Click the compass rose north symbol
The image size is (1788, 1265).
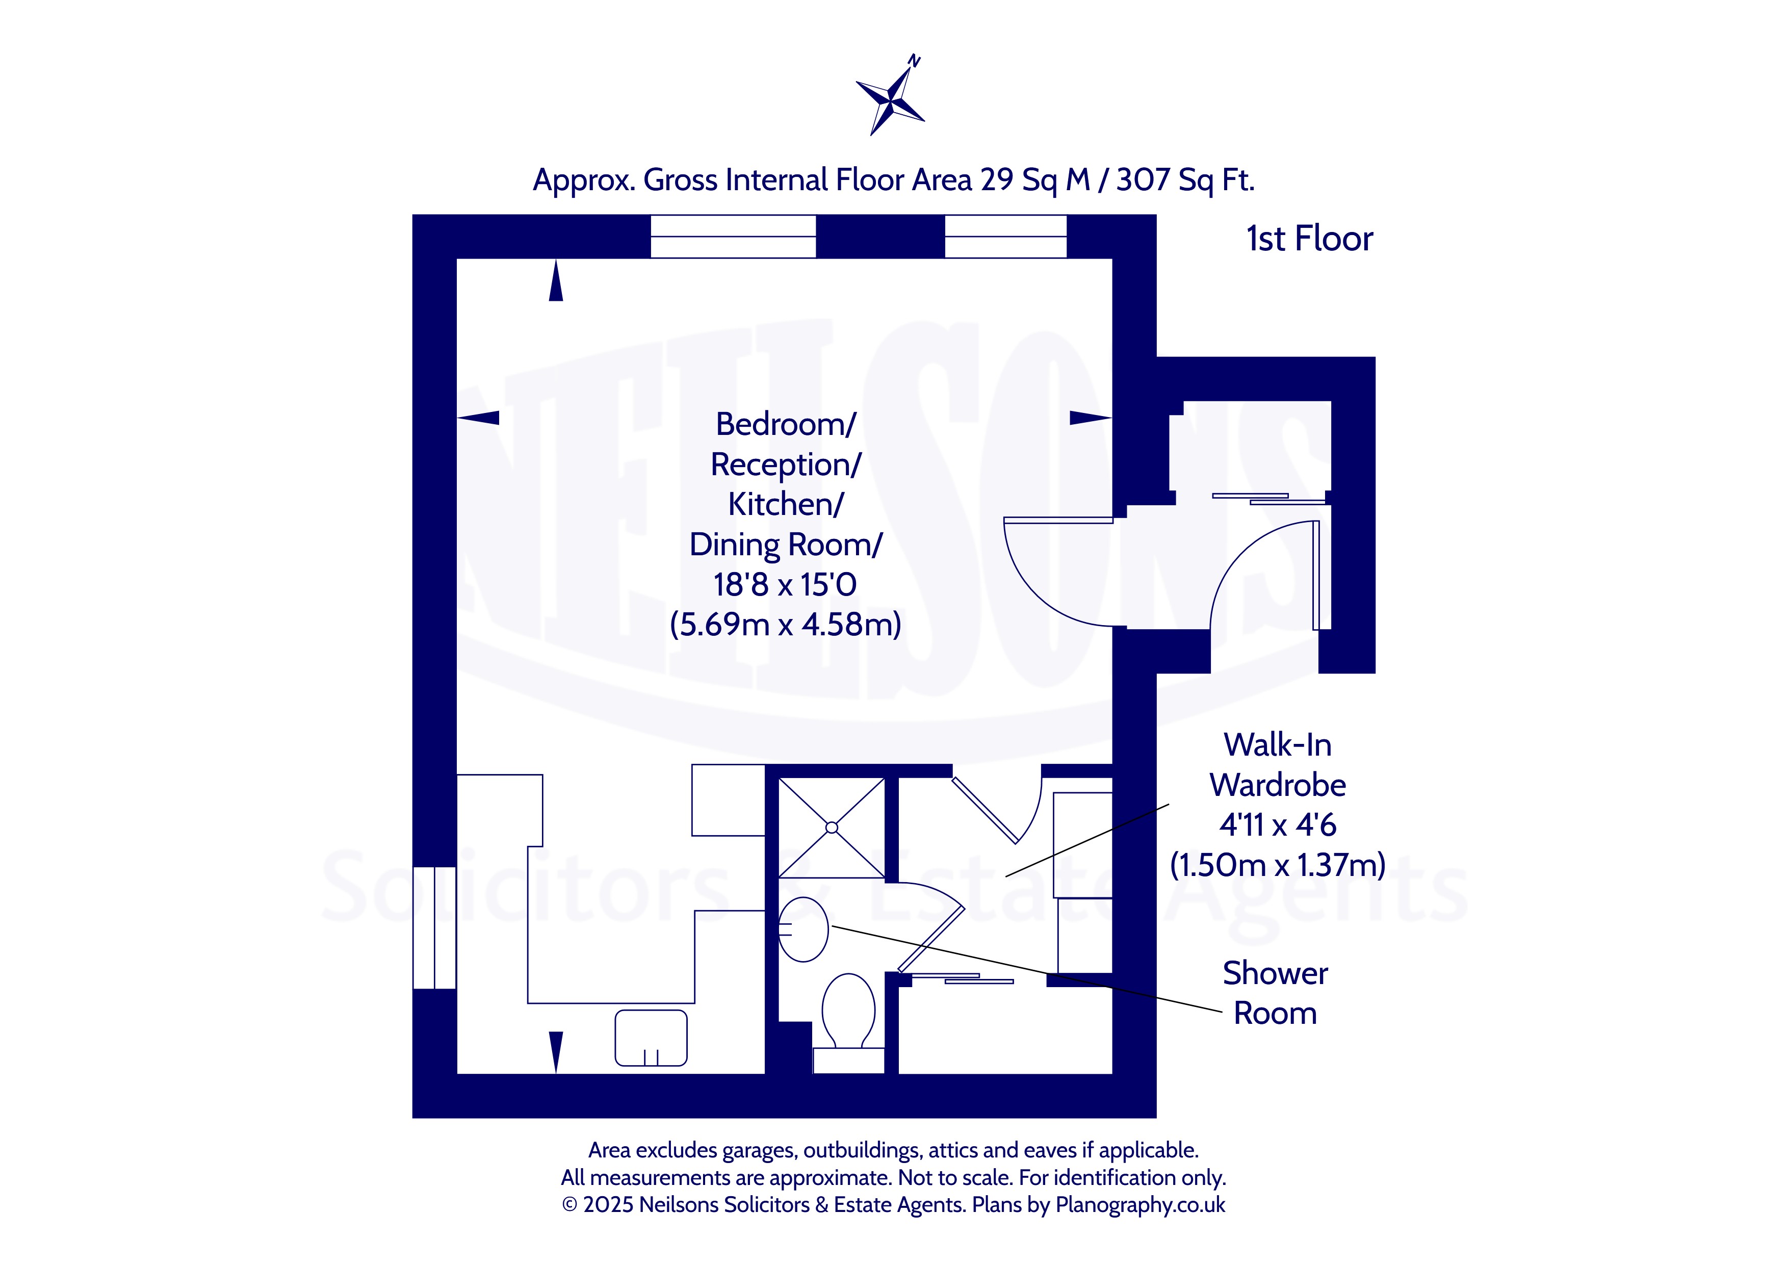[891, 96]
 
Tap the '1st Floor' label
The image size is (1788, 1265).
[1309, 238]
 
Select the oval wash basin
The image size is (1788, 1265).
[803, 930]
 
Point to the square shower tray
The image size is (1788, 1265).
[832, 828]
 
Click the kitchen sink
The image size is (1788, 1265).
[651, 1038]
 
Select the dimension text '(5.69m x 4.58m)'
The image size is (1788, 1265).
[786, 625]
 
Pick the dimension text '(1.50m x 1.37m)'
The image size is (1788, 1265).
[1278, 865]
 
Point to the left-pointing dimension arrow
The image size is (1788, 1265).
[478, 418]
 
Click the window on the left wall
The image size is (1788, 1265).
[434, 928]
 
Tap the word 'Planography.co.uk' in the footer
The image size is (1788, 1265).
[1140, 1205]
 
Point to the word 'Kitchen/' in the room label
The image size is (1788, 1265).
[786, 504]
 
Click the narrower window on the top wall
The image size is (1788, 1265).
[1006, 237]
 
